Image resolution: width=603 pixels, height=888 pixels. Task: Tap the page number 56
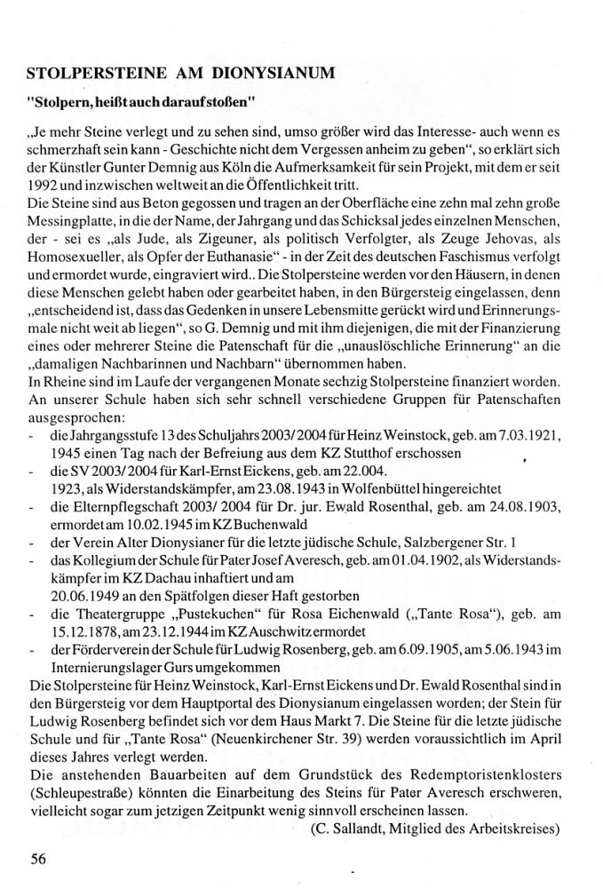point(36,859)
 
